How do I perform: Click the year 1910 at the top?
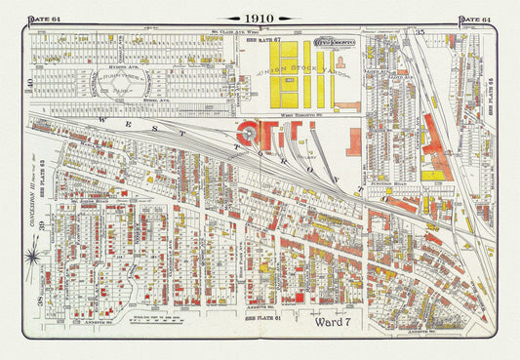coord(260,19)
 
